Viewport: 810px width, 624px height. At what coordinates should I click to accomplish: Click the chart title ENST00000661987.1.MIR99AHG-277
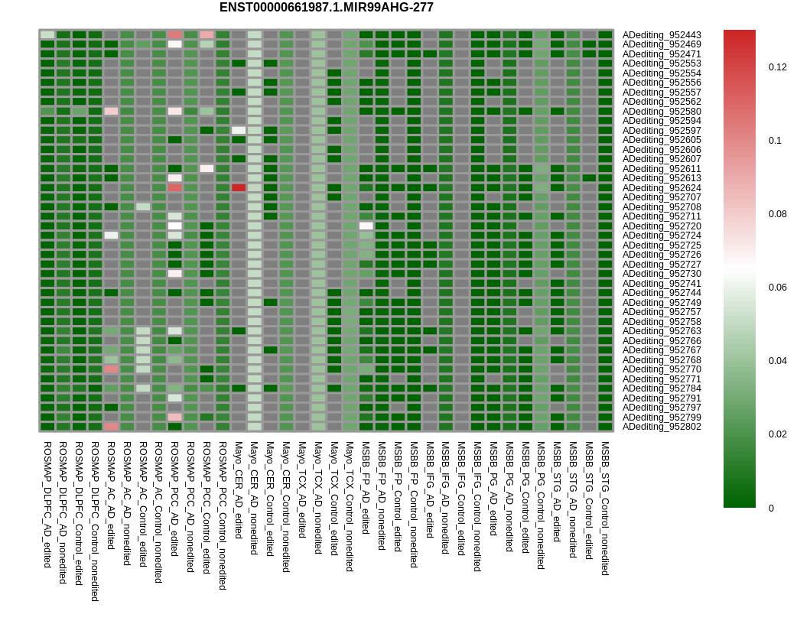(326, 8)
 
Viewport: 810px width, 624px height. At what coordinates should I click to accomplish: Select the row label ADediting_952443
(661, 35)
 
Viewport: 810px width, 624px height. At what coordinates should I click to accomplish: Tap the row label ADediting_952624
(661, 188)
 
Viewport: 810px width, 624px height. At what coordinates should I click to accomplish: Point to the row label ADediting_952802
(661, 427)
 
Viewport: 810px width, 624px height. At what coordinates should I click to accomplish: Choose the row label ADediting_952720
(661, 226)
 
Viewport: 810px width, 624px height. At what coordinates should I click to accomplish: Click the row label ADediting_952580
(661, 112)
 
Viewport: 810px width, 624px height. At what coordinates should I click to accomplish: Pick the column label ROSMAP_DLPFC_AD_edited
(47, 505)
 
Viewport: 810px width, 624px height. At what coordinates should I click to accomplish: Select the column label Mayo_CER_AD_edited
(239, 489)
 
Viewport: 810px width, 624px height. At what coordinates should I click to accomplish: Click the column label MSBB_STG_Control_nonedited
(606, 509)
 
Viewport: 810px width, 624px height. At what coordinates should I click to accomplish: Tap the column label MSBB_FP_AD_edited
(366, 488)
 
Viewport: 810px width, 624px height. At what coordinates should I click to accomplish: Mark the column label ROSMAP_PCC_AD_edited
(175, 499)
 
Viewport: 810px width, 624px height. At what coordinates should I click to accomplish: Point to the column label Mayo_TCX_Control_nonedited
(350, 506)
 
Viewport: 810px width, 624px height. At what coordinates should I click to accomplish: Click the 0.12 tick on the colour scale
(777, 67)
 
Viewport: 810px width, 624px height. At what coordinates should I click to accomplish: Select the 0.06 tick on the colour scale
(777, 288)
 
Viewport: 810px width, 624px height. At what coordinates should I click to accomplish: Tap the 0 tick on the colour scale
(771, 509)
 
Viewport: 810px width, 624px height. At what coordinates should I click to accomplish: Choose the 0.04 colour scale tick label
(777, 360)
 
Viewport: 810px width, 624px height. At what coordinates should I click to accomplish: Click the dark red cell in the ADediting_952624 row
(239, 188)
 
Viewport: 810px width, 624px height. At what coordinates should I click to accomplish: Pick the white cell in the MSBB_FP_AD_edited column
(366, 226)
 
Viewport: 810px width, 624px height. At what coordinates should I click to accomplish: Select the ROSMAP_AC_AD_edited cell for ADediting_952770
(111, 369)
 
